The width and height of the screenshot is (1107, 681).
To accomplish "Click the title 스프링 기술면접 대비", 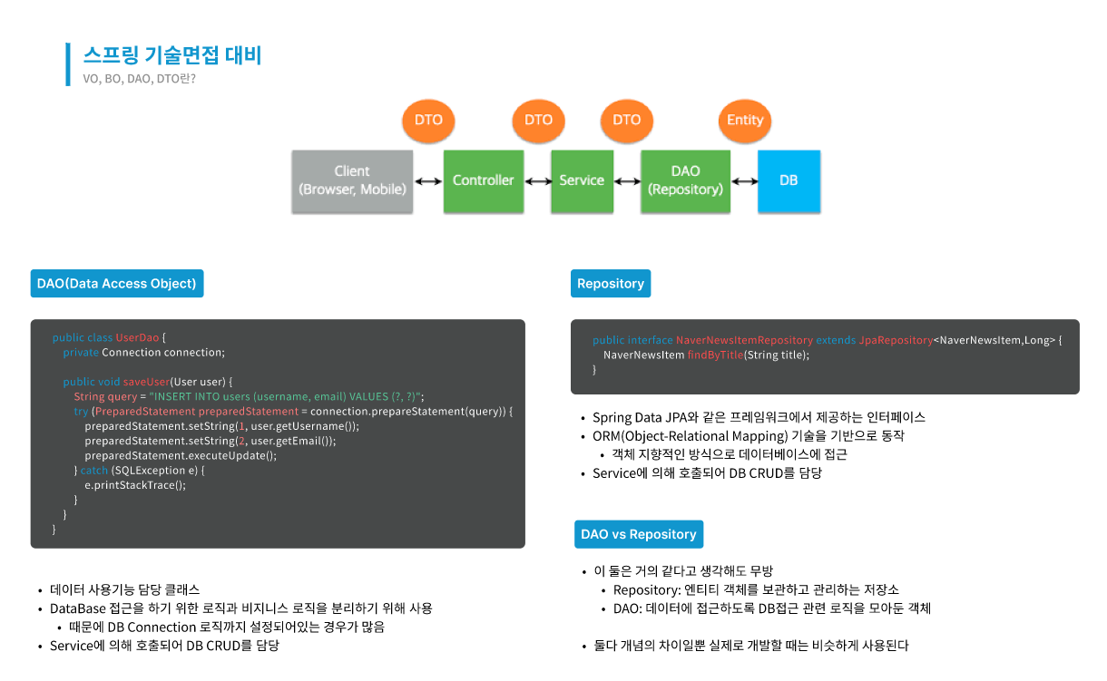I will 172,55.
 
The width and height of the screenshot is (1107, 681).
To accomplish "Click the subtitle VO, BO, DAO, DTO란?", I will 139,79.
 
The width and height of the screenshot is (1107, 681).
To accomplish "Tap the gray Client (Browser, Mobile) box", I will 352,180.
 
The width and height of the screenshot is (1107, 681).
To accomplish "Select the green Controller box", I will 483,180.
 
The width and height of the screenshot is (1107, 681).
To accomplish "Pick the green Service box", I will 582,180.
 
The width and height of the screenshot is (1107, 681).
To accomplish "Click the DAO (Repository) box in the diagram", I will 685,180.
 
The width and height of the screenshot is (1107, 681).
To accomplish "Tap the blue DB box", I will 789,180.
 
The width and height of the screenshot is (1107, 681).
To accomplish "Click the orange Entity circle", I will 745,121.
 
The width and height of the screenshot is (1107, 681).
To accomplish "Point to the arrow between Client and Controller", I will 428,181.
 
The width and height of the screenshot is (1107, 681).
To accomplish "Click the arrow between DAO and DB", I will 744,181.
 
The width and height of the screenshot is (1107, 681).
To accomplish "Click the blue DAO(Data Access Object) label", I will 116,284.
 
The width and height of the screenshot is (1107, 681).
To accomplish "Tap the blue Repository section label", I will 611,284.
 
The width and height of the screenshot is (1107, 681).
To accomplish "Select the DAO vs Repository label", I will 639,534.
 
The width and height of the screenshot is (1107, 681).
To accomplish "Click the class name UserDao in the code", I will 137,338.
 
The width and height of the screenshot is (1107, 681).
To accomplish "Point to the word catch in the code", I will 94,471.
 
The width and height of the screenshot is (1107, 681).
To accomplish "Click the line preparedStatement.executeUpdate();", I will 181,455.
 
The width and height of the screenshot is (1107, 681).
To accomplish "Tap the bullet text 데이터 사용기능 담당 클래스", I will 124,589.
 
